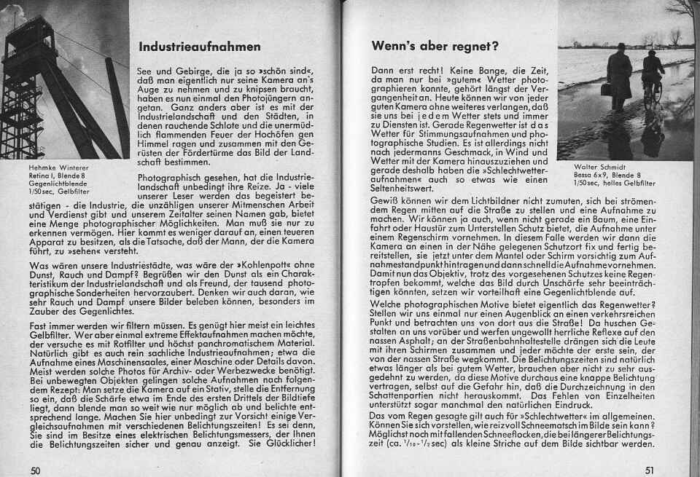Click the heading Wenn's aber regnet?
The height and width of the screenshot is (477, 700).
coord(435,45)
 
